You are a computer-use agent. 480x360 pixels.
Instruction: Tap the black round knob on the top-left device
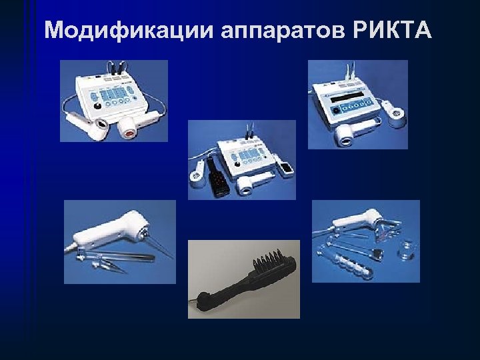coord(97,105)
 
